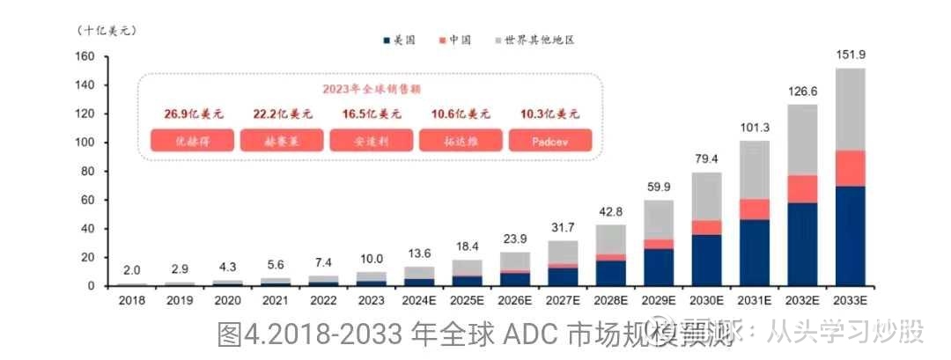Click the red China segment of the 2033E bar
(x=851, y=168)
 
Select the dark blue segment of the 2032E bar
(x=803, y=245)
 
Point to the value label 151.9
(x=851, y=56)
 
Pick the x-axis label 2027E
(x=563, y=299)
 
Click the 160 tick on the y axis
(x=85, y=57)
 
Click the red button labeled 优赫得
(x=193, y=141)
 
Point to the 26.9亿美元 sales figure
(x=194, y=114)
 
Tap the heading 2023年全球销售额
(x=371, y=89)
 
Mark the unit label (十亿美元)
(x=106, y=31)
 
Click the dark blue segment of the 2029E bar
(x=660, y=267)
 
